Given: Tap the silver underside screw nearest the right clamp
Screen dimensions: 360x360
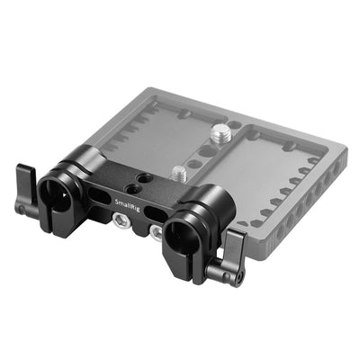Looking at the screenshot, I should click(157, 233).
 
